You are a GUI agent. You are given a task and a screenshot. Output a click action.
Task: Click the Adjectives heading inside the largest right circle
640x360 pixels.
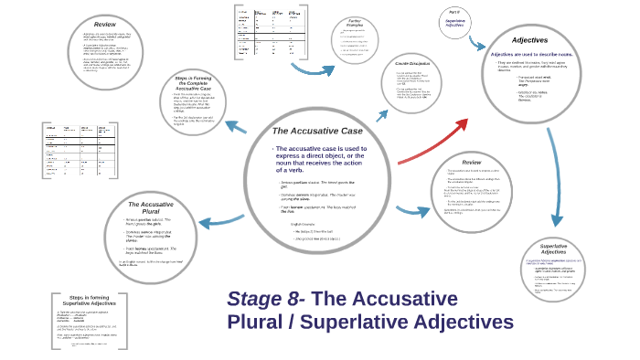(530, 41)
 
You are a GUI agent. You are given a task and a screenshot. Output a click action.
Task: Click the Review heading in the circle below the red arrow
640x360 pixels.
(471, 162)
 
